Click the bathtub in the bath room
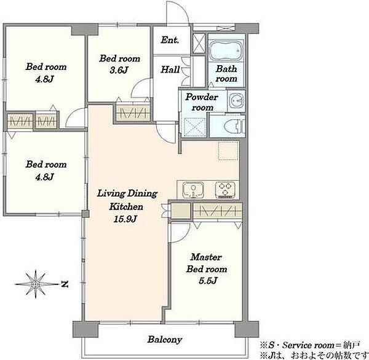(226, 51)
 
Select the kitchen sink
(193, 190)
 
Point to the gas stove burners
(225, 190)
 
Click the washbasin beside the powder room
(237, 101)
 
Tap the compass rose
(36, 284)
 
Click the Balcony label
(165, 340)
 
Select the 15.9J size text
(125, 219)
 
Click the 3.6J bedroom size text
(119, 70)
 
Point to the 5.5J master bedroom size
(208, 281)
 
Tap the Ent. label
(170, 40)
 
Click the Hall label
(170, 69)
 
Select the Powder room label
(202, 102)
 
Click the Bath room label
(226, 74)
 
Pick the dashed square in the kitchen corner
(228, 151)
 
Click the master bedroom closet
(218, 210)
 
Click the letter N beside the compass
(65, 284)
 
